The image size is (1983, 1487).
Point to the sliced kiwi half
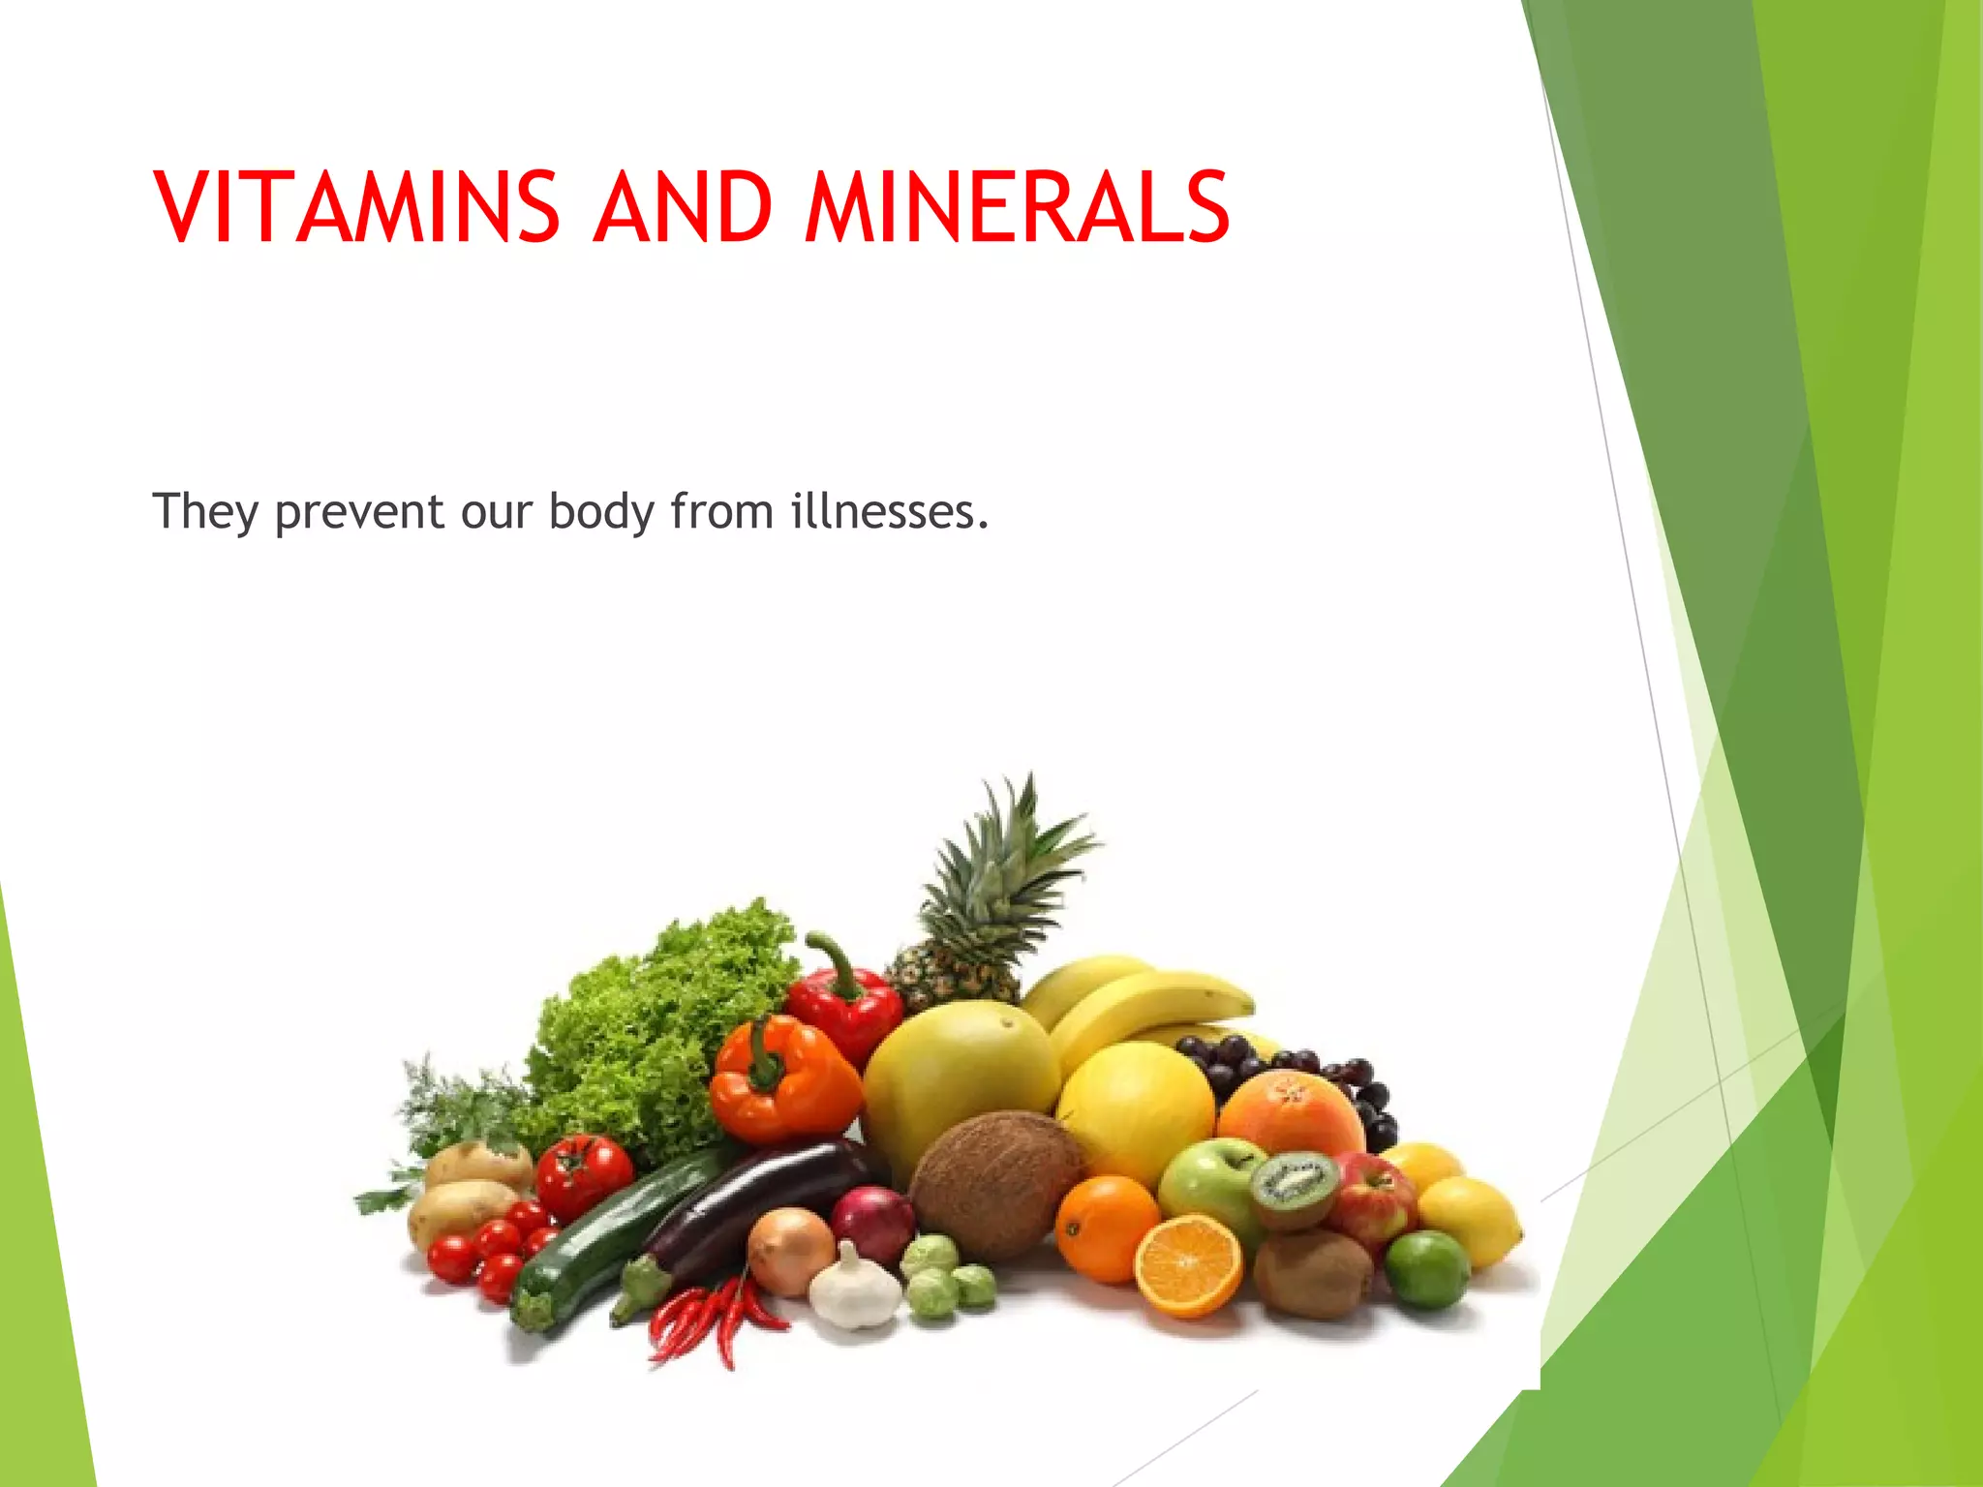(1296, 1187)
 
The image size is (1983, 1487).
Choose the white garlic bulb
(854, 1288)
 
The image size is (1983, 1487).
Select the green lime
(1426, 1269)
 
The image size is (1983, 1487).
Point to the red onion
(872, 1225)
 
